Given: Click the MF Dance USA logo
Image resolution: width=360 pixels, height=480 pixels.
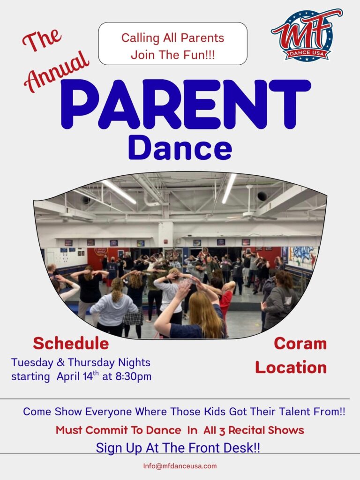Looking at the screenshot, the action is (x=307, y=35).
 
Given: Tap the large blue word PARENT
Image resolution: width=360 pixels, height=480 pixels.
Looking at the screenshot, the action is (x=186, y=105).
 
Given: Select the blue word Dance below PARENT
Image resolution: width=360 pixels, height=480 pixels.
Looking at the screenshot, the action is (x=180, y=149).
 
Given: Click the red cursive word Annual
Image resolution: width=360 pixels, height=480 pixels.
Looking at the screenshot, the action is (x=57, y=71).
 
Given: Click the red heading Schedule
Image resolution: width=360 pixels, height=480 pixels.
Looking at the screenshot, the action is (x=71, y=343).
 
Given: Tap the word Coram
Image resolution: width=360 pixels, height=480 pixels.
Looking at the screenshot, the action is (x=300, y=344).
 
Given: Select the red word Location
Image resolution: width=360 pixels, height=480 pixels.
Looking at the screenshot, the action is (x=291, y=367).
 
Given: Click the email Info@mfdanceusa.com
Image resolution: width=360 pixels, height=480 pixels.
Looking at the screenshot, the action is (x=180, y=466).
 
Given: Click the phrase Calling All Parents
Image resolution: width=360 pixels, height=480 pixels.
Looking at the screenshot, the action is (x=172, y=38).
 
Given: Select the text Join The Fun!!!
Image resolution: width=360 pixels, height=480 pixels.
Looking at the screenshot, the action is (x=172, y=55).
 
